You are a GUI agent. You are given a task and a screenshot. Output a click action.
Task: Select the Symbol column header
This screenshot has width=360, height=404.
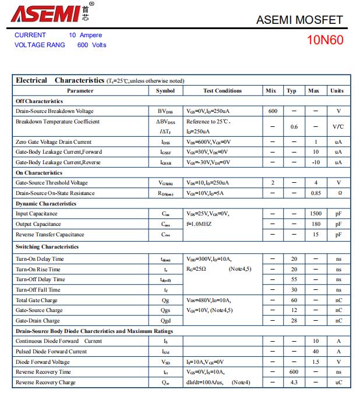click(165, 91)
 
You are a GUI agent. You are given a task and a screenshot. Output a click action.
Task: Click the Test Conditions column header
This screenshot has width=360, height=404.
click(223, 91)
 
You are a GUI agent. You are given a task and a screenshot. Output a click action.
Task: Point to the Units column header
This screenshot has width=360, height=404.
click(337, 91)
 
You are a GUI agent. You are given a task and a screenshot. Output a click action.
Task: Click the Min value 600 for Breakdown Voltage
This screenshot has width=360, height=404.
click(273, 111)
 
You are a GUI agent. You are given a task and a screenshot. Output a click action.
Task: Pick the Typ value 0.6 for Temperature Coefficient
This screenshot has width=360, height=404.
click(294, 127)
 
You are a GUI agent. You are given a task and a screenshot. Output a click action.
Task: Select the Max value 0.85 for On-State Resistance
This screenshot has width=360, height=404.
click(315, 193)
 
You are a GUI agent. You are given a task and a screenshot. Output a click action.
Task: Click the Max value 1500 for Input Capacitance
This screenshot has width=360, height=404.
click(315, 214)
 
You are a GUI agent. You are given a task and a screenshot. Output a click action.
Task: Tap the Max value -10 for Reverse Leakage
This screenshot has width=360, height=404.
click(315, 162)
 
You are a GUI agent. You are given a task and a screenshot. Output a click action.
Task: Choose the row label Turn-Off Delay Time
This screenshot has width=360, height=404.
click(40, 279)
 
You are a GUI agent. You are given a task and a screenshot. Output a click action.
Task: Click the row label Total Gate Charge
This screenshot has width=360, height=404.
click(36, 300)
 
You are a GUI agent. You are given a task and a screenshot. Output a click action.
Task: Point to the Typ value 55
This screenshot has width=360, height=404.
click(294, 279)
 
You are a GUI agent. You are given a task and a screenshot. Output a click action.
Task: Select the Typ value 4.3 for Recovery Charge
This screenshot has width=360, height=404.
click(294, 382)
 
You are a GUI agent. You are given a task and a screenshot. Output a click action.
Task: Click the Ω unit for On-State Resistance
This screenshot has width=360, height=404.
click(338, 193)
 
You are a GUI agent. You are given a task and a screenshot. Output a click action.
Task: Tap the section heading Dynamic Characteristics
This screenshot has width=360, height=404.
click(45, 204)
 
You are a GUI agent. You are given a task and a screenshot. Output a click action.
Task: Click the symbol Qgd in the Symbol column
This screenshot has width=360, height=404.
click(166, 321)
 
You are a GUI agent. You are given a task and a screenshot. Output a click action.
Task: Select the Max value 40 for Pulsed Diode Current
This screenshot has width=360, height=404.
click(315, 352)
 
